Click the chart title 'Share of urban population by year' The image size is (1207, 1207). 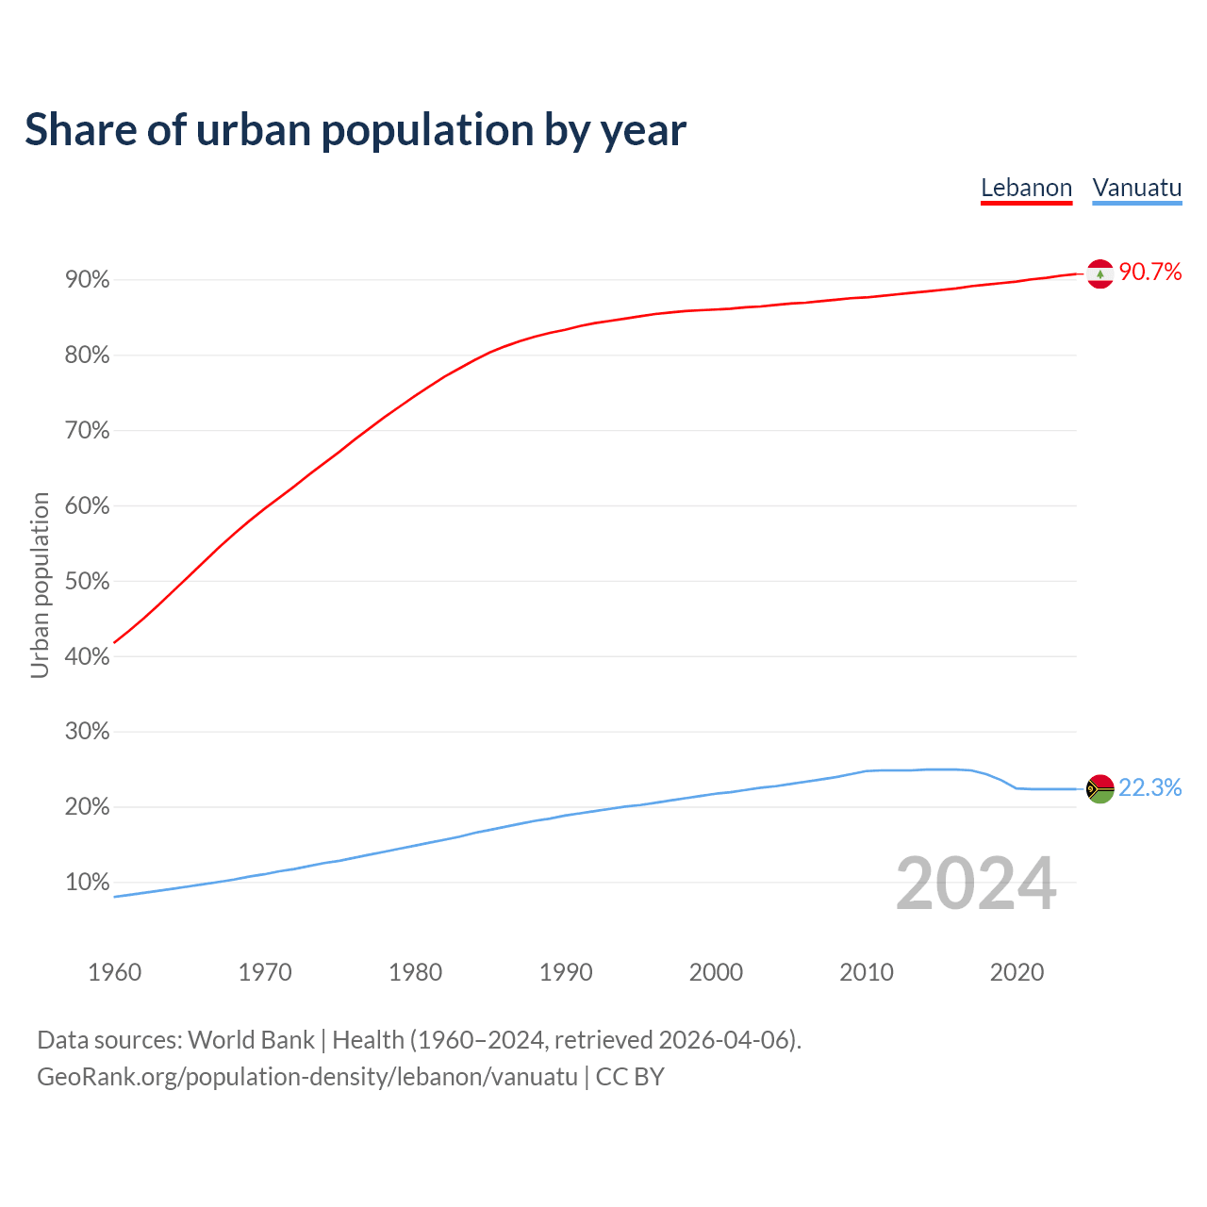(x=355, y=130)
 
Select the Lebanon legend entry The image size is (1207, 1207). (x=1026, y=188)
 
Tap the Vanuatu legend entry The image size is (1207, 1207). (x=1136, y=188)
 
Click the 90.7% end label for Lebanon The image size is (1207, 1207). (x=1149, y=273)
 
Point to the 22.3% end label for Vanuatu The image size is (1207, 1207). (x=1149, y=788)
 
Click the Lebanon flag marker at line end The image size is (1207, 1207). (x=1100, y=273)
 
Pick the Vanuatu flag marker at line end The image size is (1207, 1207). (x=1100, y=788)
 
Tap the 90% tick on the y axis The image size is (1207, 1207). (x=88, y=280)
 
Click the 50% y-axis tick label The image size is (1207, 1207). (x=88, y=582)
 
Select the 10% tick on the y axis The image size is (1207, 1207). (x=88, y=883)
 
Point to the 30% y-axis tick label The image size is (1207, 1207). (x=88, y=732)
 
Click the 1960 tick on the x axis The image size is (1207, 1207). (x=114, y=972)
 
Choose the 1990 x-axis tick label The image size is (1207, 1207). (x=566, y=972)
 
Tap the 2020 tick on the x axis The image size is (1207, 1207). (x=1017, y=972)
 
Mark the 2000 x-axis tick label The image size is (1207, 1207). (x=716, y=972)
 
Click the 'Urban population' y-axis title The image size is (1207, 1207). (x=40, y=585)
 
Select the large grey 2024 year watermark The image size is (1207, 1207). (x=976, y=884)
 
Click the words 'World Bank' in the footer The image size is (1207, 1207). (x=251, y=1040)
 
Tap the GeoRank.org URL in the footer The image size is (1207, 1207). (x=307, y=1077)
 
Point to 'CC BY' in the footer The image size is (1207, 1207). (x=630, y=1077)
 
